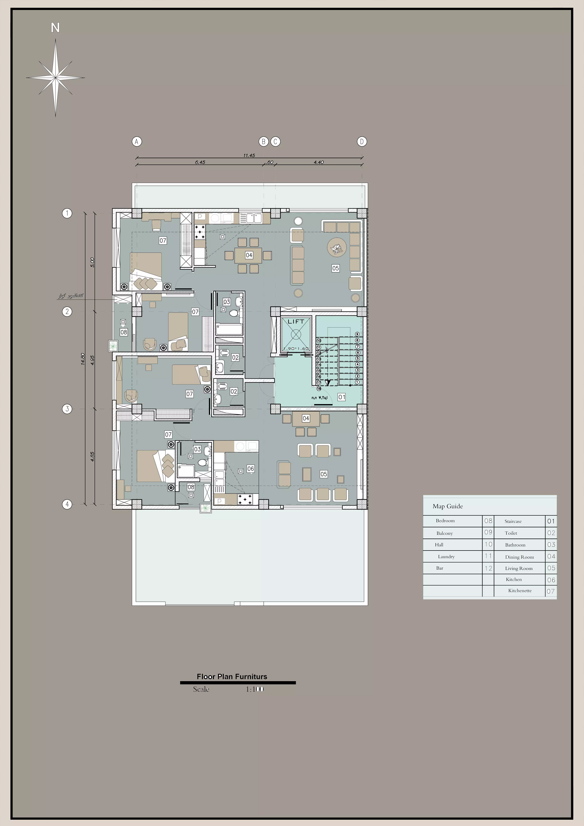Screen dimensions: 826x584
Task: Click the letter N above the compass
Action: (55, 28)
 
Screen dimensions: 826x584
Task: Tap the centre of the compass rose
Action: (55, 77)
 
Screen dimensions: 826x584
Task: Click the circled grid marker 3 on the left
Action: (67, 409)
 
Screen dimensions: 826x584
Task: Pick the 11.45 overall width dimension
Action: (249, 155)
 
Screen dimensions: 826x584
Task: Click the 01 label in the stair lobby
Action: (342, 397)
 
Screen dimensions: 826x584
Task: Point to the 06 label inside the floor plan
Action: (251, 468)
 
